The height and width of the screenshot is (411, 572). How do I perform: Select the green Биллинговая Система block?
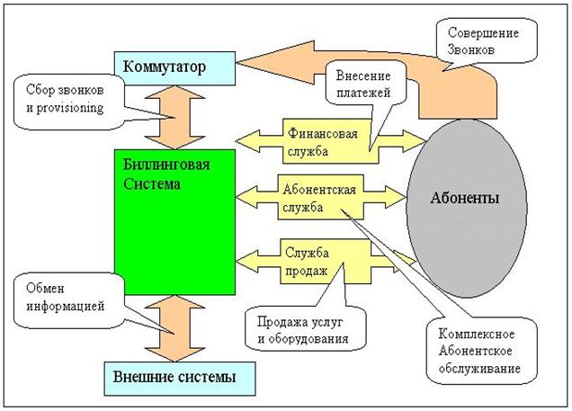coord(174,220)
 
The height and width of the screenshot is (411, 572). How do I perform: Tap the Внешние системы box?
coord(174,376)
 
